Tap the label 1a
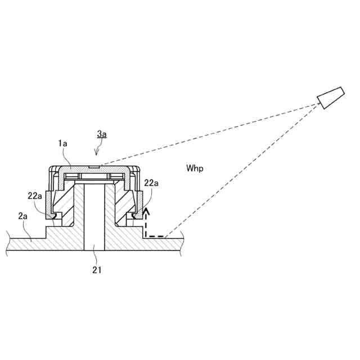63,144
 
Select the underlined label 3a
102,134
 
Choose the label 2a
23,215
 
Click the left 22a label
35,196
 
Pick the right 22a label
151,183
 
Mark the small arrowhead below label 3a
97,152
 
